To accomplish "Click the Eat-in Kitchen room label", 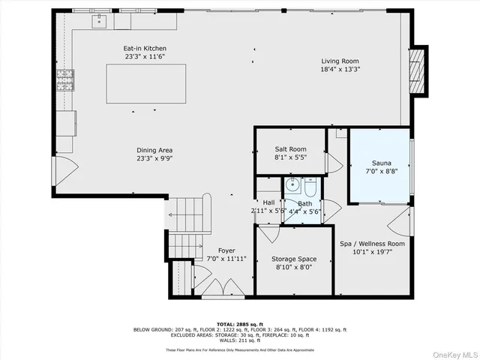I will pyautogui.click(x=145, y=49).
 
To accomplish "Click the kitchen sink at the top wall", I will pyautogui.click(x=99, y=20).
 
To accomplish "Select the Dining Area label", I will pyautogui.click(x=154, y=150).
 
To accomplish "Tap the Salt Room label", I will pyautogui.click(x=290, y=149).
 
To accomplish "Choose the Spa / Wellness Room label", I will pyautogui.click(x=372, y=244).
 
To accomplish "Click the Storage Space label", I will pyautogui.click(x=293, y=259).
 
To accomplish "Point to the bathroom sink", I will pyautogui.click(x=292, y=184).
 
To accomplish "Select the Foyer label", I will pyautogui.click(x=226, y=250).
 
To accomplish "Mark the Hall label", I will pyautogui.click(x=268, y=202).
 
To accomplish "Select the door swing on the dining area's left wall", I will pyautogui.click(x=65, y=171).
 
